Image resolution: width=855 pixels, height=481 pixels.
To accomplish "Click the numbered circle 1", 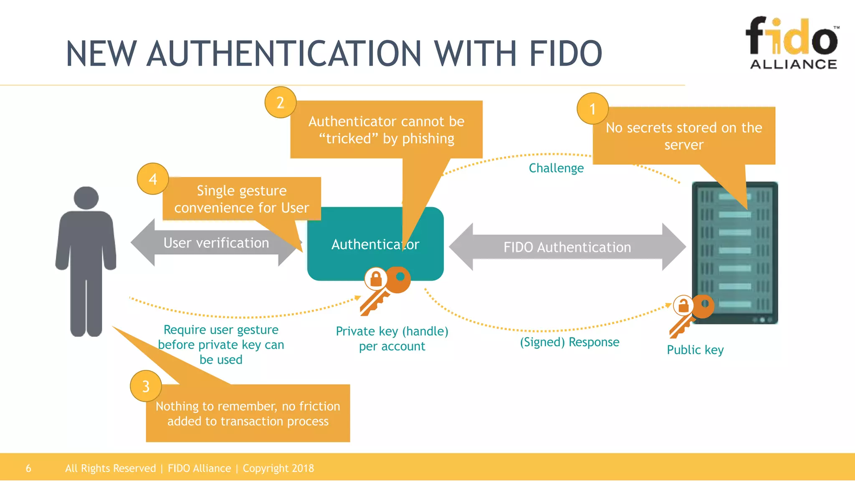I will point(592,109).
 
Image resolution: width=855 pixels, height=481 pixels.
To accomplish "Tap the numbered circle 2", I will point(281,102).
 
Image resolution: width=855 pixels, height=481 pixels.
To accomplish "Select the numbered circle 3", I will point(146,386).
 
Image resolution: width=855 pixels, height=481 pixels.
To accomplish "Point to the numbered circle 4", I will point(153,179).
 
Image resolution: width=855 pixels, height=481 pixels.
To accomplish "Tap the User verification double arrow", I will point(216,243).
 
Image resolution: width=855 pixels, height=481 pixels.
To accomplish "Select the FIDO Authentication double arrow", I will point(567,247).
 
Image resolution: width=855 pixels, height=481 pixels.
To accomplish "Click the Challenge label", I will point(556,168).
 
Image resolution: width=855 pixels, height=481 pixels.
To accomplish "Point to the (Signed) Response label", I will point(569,342).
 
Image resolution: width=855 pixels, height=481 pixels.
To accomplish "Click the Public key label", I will point(695,350).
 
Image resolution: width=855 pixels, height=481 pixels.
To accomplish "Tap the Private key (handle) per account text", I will point(392,339).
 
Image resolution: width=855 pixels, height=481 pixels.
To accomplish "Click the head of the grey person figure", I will point(86,197).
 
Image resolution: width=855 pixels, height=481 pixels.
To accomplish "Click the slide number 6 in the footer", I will point(28,468).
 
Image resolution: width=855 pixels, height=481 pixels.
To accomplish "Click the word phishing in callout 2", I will point(428,139).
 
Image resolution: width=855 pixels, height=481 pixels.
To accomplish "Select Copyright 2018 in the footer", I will point(278,468).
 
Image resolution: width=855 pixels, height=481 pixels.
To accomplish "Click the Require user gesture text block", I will point(221,344).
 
